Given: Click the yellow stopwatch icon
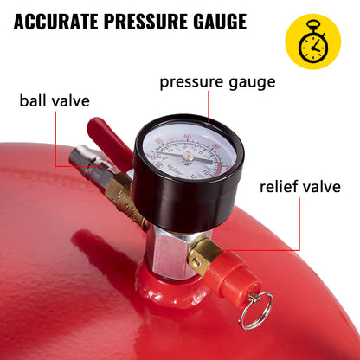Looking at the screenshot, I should [313, 41].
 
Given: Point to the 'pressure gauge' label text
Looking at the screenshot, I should [216, 83].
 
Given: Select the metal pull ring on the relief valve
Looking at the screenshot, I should [256, 310].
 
